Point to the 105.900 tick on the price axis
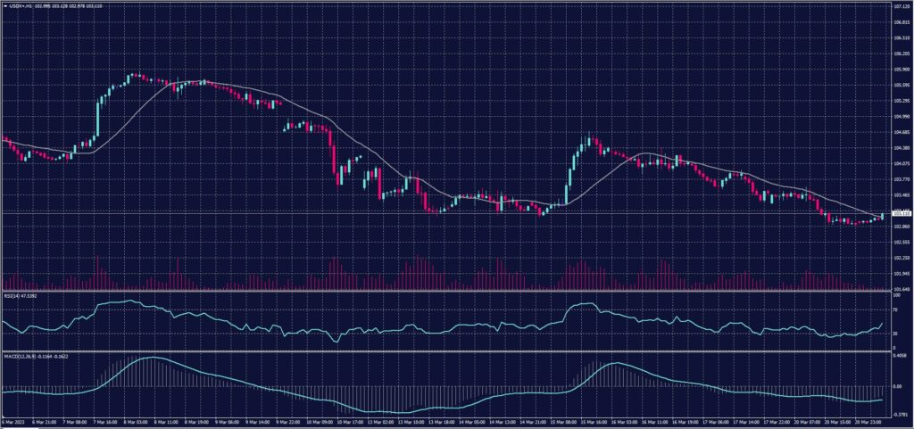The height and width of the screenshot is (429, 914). [x=900, y=69]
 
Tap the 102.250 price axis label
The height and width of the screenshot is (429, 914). [x=900, y=258]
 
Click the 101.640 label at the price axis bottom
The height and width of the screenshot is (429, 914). [x=900, y=289]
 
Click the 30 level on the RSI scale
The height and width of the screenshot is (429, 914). [x=894, y=334]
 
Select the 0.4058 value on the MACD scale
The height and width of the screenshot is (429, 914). [x=899, y=356]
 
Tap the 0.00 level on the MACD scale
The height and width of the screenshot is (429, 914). [x=897, y=387]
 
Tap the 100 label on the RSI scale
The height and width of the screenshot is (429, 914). [x=895, y=295]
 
